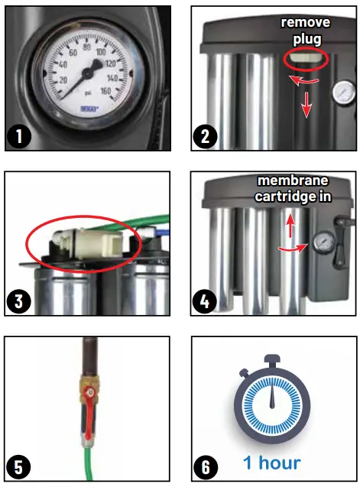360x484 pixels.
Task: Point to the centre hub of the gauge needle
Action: click(85, 73)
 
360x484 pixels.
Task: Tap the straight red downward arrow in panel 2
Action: click(306, 106)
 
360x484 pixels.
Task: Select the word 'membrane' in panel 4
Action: click(293, 180)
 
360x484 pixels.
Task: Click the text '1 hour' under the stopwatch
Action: click(271, 463)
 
